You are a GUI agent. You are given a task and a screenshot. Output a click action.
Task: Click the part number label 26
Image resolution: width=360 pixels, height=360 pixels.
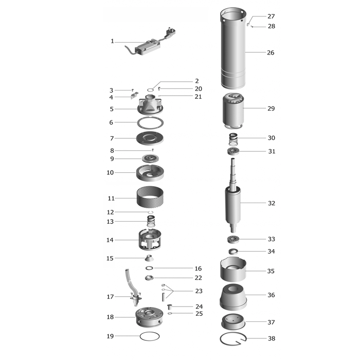(x=271, y=52)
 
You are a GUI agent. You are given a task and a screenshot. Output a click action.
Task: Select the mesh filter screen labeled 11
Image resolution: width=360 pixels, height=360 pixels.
(x=150, y=197)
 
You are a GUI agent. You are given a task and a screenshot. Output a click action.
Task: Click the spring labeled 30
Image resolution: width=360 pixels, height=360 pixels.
(x=233, y=139)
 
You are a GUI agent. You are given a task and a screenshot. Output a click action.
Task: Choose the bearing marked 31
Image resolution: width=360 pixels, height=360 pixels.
(x=233, y=151)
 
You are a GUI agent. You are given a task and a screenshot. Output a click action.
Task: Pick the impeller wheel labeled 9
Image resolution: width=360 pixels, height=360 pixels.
(x=150, y=158)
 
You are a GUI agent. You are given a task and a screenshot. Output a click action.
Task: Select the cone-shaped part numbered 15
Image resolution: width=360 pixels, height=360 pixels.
(x=149, y=258)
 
